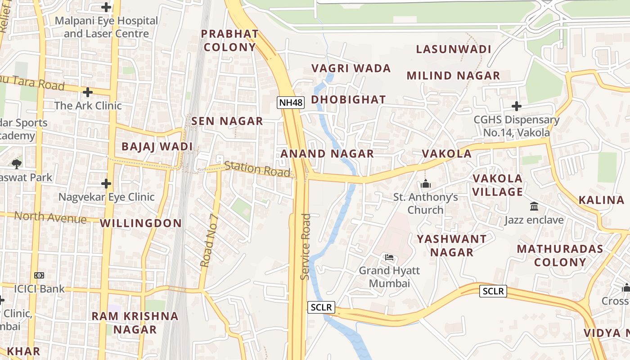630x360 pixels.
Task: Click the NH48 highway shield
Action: click(x=291, y=102)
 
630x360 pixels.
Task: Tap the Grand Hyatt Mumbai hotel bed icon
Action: click(x=389, y=257)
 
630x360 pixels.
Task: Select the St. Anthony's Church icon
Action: click(x=425, y=184)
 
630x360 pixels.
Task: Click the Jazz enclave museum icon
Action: click(x=534, y=207)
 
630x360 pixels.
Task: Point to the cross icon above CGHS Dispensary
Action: click(x=517, y=106)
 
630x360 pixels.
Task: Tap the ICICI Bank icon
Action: click(x=39, y=275)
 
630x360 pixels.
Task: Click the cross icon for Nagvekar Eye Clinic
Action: click(x=106, y=184)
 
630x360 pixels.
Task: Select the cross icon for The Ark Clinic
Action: click(x=88, y=92)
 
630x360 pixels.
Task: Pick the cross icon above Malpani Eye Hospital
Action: click(x=106, y=7)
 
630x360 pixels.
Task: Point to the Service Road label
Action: click(x=306, y=246)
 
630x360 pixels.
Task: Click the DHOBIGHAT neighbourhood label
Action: click(x=348, y=99)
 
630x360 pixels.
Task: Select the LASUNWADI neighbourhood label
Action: click(x=453, y=49)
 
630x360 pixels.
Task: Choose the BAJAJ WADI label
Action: click(x=157, y=146)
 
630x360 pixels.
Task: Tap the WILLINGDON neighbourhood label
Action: click(x=141, y=223)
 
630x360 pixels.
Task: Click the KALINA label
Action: click(x=601, y=200)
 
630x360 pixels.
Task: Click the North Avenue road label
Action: click(x=50, y=217)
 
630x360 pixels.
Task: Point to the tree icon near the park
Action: click(x=17, y=164)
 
